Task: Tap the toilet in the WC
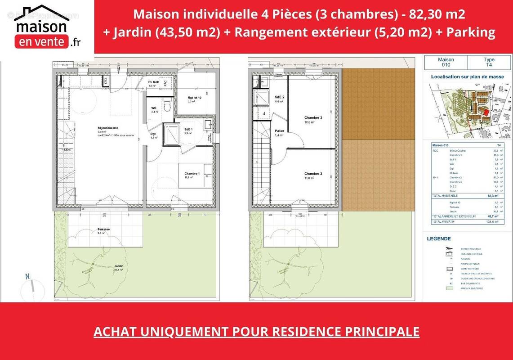coord(166,107)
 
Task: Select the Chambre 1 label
coord(192,174)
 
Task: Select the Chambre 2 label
coord(313,174)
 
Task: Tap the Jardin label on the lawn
coord(119,266)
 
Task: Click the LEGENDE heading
coord(438,239)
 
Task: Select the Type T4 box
coord(489,62)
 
